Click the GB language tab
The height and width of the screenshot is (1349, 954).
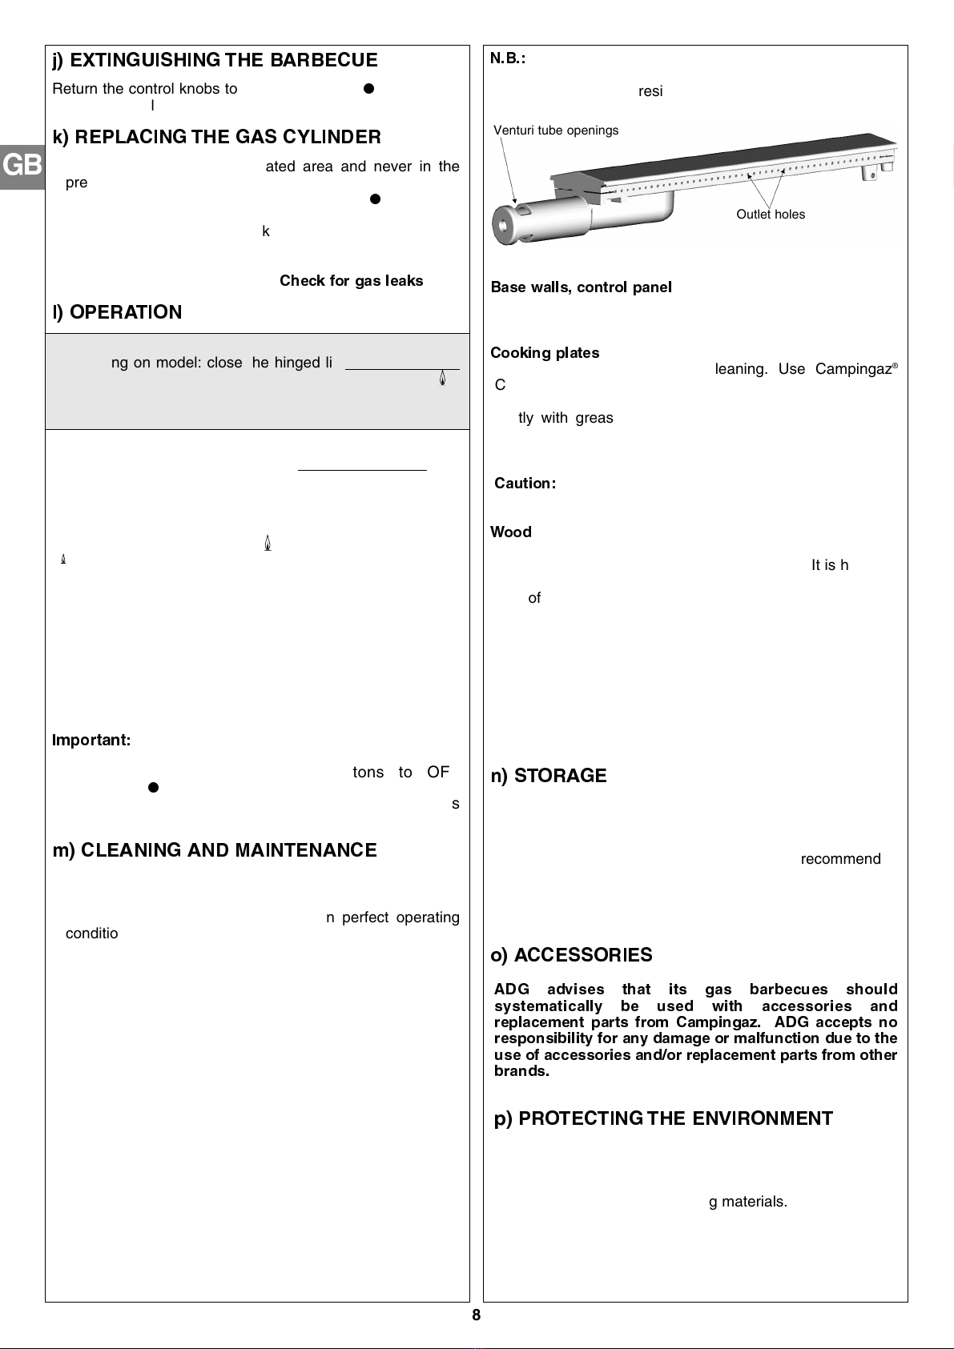click(x=22, y=166)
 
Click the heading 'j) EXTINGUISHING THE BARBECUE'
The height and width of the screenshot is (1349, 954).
click(x=215, y=61)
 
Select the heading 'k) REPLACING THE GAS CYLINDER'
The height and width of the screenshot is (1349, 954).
click(x=217, y=137)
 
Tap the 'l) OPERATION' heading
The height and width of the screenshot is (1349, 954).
click(x=118, y=312)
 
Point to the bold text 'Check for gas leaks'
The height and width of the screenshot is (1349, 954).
click(x=351, y=281)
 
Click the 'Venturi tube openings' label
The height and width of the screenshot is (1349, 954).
click(x=556, y=130)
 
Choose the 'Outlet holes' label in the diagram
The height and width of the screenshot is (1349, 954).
click(x=771, y=215)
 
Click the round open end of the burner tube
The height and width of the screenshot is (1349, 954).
click(x=505, y=225)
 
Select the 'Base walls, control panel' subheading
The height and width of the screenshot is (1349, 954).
click(x=581, y=287)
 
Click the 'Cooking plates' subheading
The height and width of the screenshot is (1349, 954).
click(x=545, y=353)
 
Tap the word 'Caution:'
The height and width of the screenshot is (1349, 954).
click(x=525, y=484)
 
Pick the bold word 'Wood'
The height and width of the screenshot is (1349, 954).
click(x=511, y=532)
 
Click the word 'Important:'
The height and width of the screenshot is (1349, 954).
click(x=91, y=741)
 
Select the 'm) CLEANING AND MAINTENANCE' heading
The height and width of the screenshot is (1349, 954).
click(x=215, y=850)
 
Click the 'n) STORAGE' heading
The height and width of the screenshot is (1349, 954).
click(x=549, y=776)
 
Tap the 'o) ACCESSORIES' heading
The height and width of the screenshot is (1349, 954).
click(x=571, y=955)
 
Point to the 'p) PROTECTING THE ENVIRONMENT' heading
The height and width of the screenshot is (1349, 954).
click(x=663, y=1119)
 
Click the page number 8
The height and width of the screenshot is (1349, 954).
click(x=477, y=1315)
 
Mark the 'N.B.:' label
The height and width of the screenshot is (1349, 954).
click(x=508, y=58)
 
